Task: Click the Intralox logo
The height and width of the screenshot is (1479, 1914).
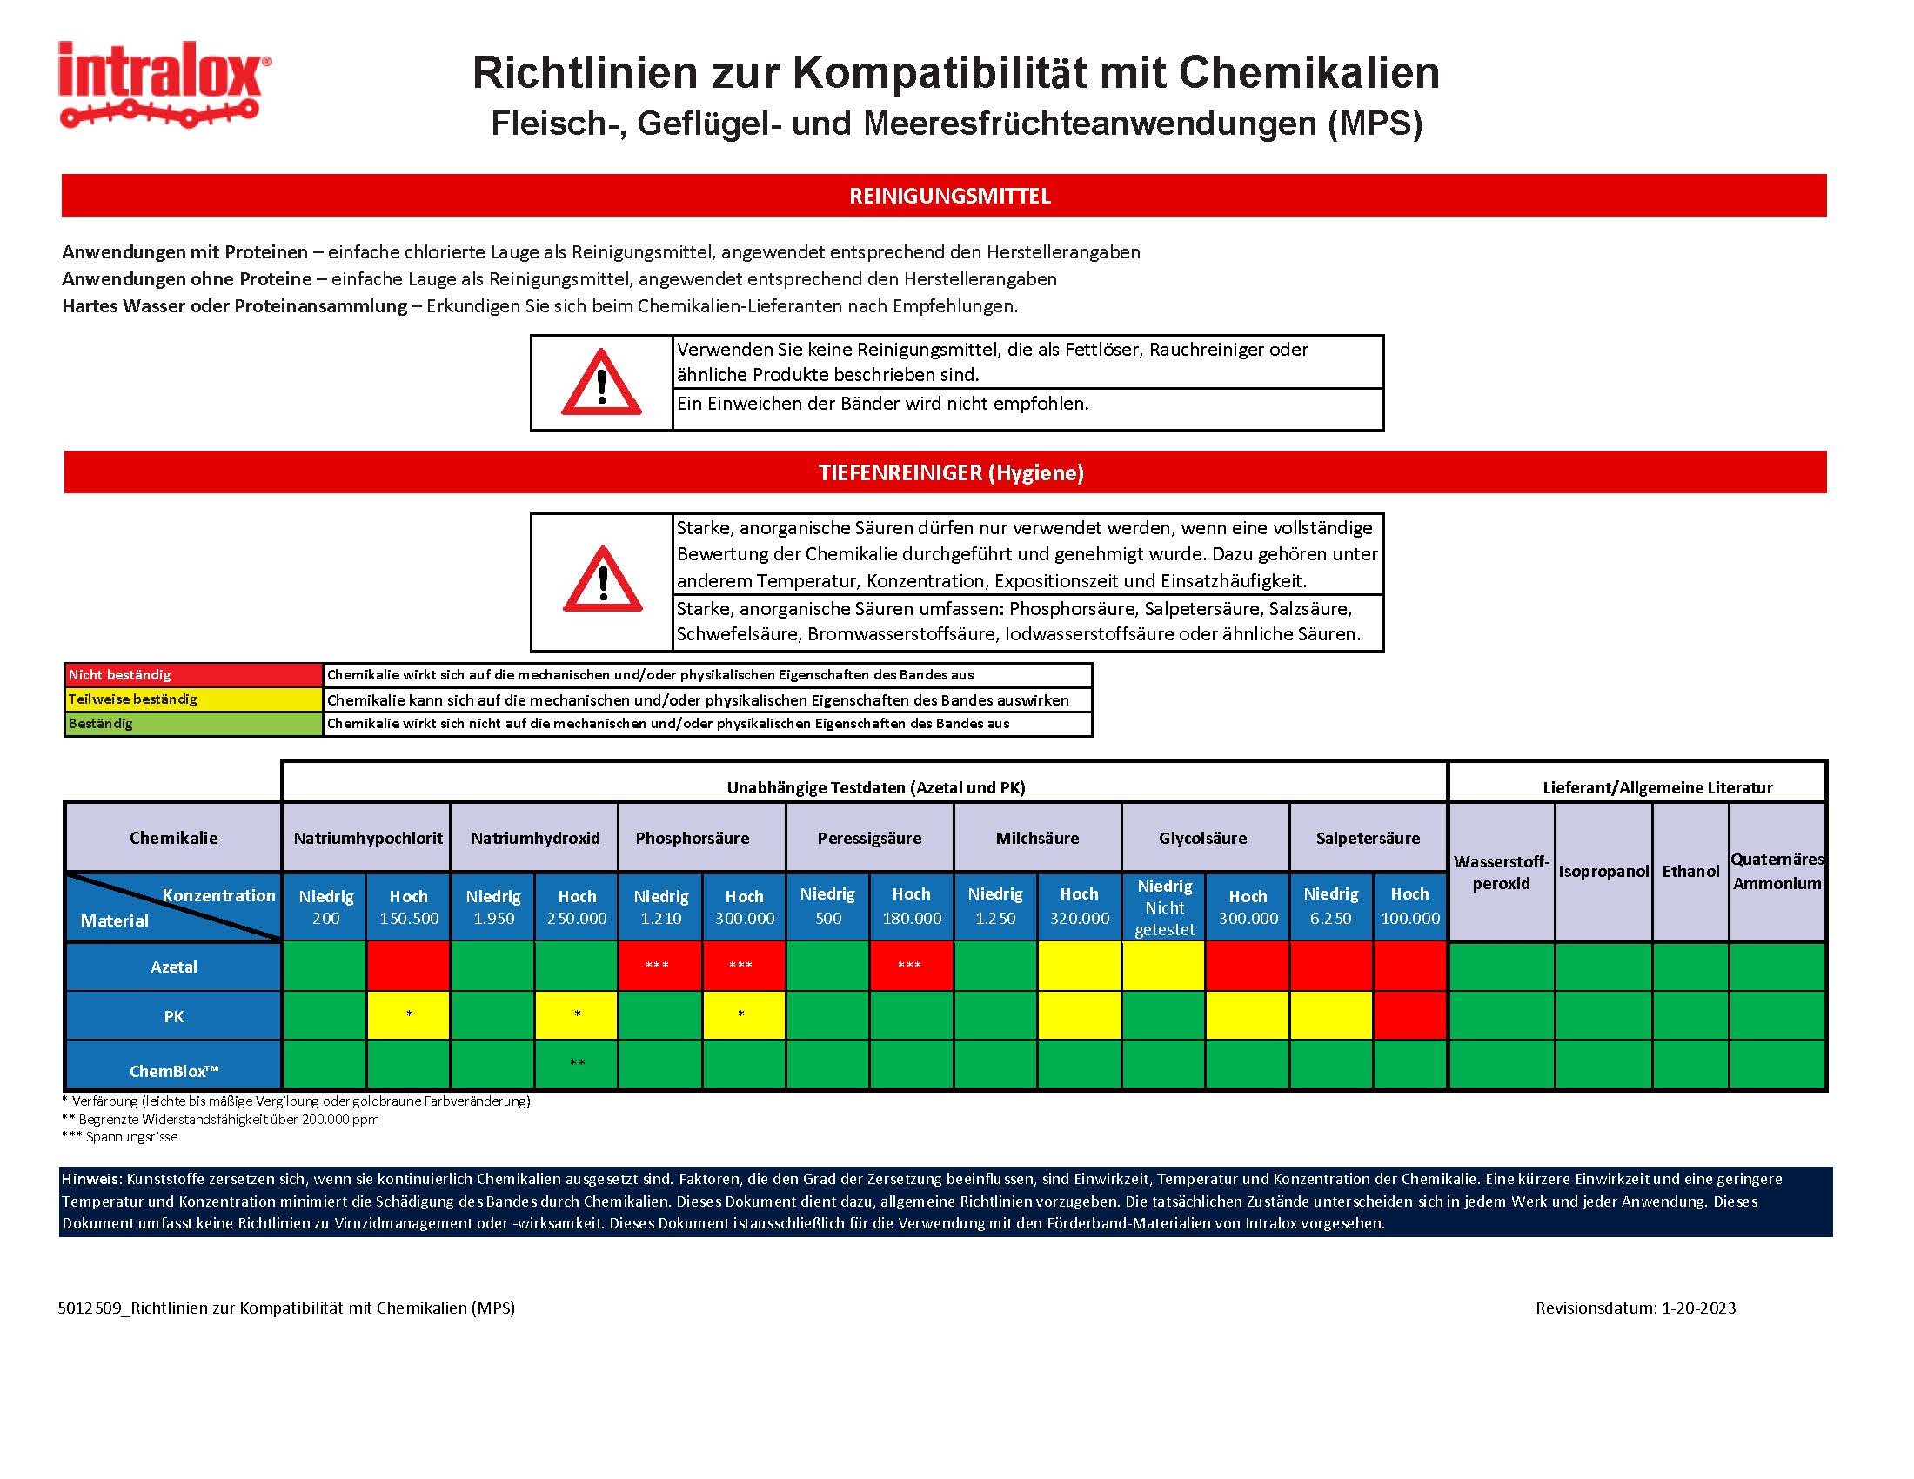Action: pyautogui.click(x=164, y=84)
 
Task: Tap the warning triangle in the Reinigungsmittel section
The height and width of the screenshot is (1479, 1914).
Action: pyautogui.click(x=601, y=383)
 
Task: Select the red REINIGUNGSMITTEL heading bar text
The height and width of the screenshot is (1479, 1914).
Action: pyautogui.click(x=950, y=196)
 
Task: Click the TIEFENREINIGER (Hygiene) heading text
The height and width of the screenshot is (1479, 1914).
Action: pyautogui.click(x=951, y=473)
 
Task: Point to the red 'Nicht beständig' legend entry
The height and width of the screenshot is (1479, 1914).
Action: pyautogui.click(x=193, y=674)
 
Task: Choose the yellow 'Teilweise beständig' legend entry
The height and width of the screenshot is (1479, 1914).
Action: pyautogui.click(x=193, y=699)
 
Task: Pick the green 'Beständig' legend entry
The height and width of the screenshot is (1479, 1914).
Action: pyautogui.click(x=193, y=724)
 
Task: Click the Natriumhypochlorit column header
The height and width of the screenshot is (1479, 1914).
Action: pyautogui.click(x=367, y=838)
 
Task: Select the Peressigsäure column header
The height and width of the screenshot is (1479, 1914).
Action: pyautogui.click(x=869, y=838)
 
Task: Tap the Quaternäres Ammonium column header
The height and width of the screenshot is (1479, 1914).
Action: pyautogui.click(x=1777, y=871)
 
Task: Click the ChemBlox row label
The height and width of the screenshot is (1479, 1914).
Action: pyautogui.click(x=173, y=1071)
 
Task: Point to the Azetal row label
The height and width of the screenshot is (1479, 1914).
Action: pyautogui.click(x=173, y=967)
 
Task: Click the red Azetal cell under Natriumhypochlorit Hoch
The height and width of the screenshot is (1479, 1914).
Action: pyautogui.click(x=408, y=966)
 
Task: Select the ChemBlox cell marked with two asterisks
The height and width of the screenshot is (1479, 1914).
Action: pyautogui.click(x=577, y=1064)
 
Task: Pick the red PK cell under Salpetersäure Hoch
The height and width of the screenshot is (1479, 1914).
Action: pyautogui.click(x=1409, y=1015)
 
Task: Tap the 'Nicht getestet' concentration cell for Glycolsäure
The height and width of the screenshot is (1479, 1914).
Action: pyautogui.click(x=1164, y=907)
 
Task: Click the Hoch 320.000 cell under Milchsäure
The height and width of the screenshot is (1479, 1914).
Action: pyautogui.click(x=1079, y=907)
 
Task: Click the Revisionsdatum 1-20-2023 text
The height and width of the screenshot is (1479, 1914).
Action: pyautogui.click(x=1636, y=1308)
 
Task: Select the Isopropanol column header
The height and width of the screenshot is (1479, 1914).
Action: pyautogui.click(x=1603, y=871)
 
